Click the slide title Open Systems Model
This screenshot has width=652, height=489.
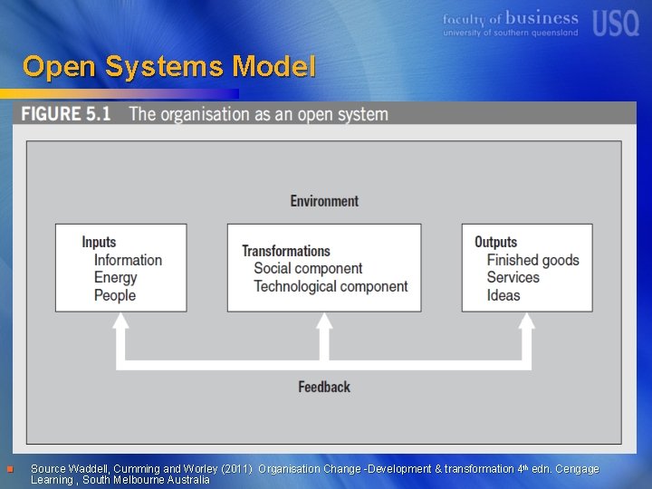169,67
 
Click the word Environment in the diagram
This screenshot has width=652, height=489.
324,201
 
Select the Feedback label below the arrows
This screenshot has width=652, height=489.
324,387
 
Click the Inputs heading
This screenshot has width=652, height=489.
99,242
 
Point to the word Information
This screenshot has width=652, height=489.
128,260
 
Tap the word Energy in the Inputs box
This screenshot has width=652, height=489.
115,277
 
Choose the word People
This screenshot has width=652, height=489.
115,295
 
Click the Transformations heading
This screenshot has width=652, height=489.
286,251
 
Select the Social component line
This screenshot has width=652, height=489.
308,268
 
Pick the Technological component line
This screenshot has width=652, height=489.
331,286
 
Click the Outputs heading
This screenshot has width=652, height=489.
495,242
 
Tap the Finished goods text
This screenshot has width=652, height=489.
532,260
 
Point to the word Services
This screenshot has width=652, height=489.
513,277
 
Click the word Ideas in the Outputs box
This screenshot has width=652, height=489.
503,295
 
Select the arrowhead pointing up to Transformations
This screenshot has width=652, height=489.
324,325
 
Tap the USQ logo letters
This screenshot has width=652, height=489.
616,23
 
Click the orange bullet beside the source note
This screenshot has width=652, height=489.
9,469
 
